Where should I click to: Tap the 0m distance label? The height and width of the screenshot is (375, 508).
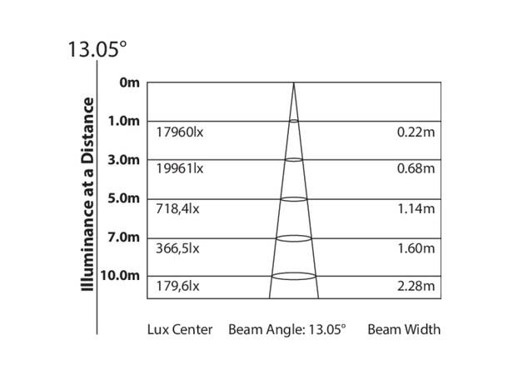(130, 82)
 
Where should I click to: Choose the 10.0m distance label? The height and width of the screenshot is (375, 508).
(122, 276)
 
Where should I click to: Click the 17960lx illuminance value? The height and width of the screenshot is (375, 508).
(180, 132)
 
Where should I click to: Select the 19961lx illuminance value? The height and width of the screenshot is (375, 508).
(180, 170)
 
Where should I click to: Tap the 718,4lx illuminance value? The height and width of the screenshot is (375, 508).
(177, 209)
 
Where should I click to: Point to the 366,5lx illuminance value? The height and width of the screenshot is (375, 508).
(177, 248)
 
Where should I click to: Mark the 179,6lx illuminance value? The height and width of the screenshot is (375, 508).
(177, 287)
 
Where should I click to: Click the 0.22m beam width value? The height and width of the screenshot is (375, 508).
(416, 132)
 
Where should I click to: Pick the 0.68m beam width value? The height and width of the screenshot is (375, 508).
(416, 170)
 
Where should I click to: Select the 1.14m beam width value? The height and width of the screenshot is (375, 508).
(416, 209)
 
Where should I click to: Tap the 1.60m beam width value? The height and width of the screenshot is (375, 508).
(416, 248)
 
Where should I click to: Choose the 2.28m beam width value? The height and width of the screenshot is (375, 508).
(416, 287)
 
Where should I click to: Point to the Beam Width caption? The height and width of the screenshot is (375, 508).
(404, 329)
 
